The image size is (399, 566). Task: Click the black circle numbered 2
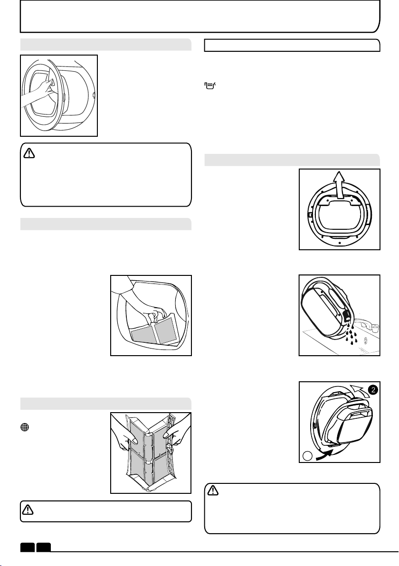pyautogui.click(x=373, y=390)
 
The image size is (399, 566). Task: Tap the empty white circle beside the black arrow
pyautogui.click(x=307, y=456)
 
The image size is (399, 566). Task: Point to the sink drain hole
pyautogui.click(x=366, y=340)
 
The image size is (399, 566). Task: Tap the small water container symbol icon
pyautogui.click(x=210, y=85)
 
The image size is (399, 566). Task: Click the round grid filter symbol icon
pyautogui.click(x=25, y=427)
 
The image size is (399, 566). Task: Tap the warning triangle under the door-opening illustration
pyautogui.click(x=29, y=153)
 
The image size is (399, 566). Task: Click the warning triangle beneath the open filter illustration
pyautogui.click(x=28, y=509)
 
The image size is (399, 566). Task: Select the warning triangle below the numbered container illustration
pyautogui.click(x=213, y=490)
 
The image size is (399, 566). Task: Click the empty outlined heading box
pyautogui.click(x=292, y=46)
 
